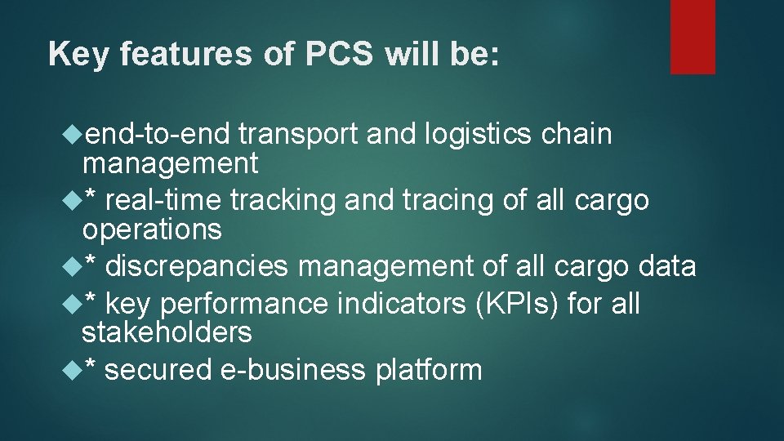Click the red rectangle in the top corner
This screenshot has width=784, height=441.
tap(693, 37)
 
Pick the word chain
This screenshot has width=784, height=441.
tap(577, 134)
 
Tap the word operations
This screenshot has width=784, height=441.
tap(152, 229)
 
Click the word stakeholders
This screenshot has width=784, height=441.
tap(167, 332)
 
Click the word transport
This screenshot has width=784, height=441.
tap(299, 134)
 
